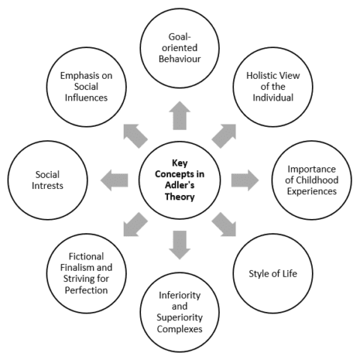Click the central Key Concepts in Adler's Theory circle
(180, 180)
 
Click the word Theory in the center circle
(180, 198)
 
